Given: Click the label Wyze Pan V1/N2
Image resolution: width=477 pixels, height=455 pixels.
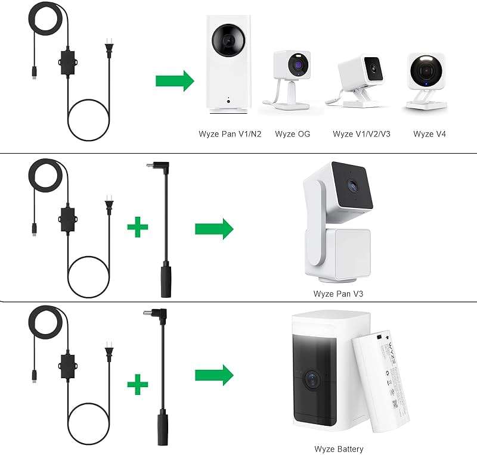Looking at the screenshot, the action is click(x=230, y=134).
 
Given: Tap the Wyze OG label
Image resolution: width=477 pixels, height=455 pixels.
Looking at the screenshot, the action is click(x=292, y=134).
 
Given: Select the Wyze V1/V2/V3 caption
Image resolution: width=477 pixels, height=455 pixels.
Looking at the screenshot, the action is click(x=361, y=134).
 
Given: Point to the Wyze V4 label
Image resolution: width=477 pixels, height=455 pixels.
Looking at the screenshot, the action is click(x=429, y=134).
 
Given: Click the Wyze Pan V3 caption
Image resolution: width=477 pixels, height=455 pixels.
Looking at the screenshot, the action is click(x=338, y=294).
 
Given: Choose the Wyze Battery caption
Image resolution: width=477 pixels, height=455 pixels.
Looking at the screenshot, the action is click(x=339, y=449).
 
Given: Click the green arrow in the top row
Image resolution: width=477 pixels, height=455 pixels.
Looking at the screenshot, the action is click(x=175, y=81).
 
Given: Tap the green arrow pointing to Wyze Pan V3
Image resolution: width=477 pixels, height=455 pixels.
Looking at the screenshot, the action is click(x=214, y=229).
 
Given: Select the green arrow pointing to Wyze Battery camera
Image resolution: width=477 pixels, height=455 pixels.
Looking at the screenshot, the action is click(x=214, y=375).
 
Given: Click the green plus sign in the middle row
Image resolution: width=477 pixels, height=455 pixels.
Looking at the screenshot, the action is click(x=138, y=227).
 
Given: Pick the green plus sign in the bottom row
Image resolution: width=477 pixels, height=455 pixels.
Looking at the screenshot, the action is click(x=138, y=384).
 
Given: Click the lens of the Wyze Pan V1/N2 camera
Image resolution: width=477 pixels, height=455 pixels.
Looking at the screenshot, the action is click(x=228, y=40).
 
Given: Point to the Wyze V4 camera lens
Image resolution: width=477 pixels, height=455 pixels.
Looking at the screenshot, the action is click(x=426, y=70).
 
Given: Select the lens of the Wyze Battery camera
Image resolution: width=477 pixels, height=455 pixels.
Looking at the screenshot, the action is click(x=312, y=379).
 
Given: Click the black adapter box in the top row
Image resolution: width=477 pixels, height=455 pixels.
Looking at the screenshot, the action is click(x=67, y=63).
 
